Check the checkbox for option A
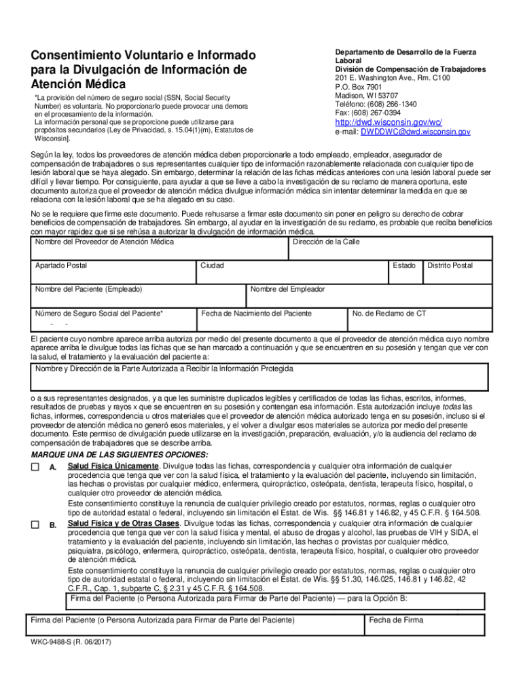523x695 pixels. coord(35,468)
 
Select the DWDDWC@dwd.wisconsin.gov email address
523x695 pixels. coord(415,132)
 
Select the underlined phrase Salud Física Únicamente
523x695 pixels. coord(113,467)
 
